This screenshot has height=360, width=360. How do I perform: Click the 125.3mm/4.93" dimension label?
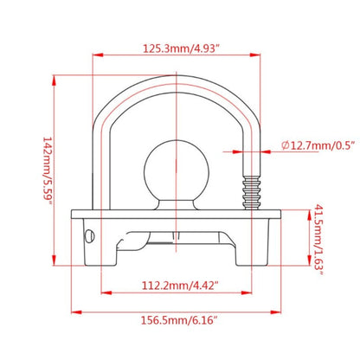(x=179, y=48)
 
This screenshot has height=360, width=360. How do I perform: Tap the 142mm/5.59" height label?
(x=48, y=170)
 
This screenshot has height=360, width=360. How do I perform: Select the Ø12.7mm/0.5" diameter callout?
(x=318, y=145)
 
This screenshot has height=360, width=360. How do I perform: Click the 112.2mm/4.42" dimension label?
(x=179, y=286)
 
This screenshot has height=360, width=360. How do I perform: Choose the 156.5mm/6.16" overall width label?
(x=179, y=320)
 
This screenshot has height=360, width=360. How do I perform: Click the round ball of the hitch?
(x=176, y=170)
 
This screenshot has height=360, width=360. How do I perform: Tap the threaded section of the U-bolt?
(x=252, y=192)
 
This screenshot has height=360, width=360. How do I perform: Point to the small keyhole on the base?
(x=89, y=236)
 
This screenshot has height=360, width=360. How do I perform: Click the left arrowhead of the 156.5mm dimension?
(x=76, y=312)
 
